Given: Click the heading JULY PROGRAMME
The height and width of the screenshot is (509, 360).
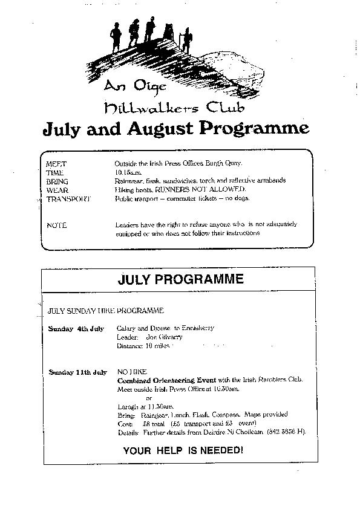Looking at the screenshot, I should pos(180,279).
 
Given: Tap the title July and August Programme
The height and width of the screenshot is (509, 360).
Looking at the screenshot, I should pos(175,128).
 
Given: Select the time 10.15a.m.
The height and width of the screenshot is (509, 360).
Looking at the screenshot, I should pos(126,172).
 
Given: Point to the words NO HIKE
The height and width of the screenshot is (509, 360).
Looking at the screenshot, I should pos(129,372).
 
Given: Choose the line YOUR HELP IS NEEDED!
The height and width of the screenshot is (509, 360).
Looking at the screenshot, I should pos(183,450).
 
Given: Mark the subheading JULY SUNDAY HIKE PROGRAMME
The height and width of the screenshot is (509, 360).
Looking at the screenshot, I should pos(106,311).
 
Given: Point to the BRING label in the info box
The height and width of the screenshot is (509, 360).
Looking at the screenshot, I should pos(57,181).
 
